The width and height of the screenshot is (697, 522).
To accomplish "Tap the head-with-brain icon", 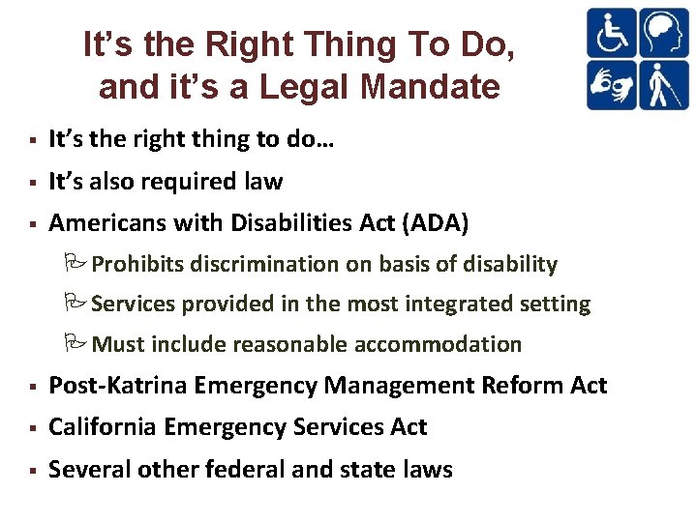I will [x=663, y=33].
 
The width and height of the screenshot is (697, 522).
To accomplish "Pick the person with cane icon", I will [x=663, y=85].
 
